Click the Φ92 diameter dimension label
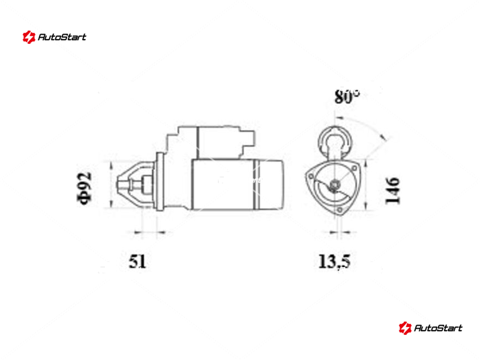click(x=84, y=188)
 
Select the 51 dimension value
click(x=137, y=262)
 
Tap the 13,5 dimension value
click(x=334, y=262)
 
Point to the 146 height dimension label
click(x=392, y=190)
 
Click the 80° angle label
click(x=347, y=97)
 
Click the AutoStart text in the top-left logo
click(x=62, y=37)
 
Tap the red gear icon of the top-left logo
click(x=29, y=37)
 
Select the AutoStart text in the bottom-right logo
click(x=438, y=328)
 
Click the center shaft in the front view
click(x=335, y=185)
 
